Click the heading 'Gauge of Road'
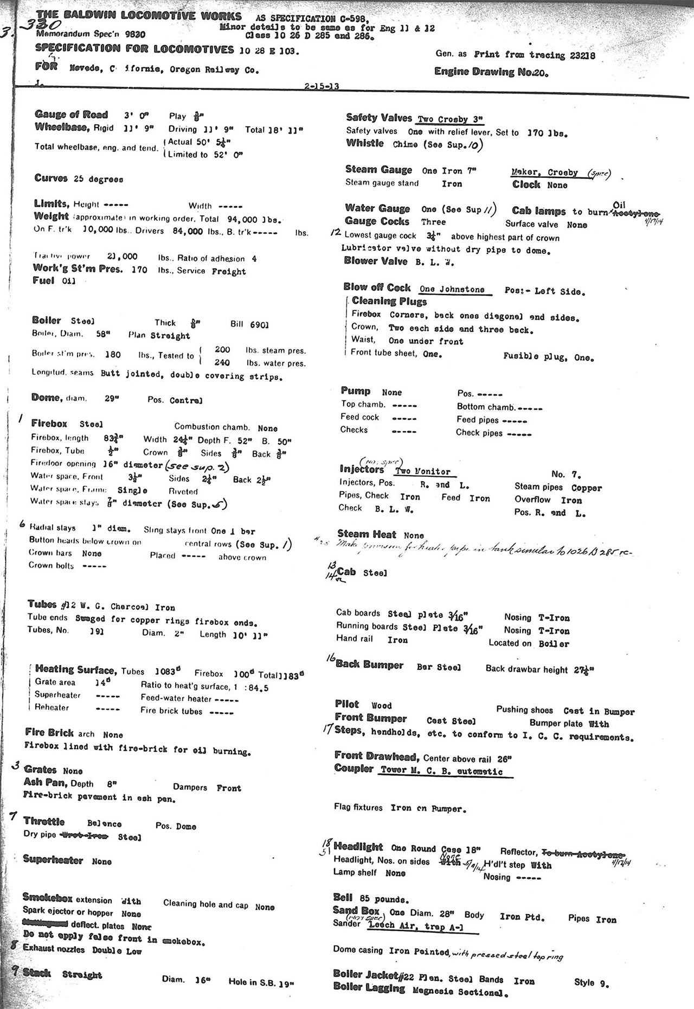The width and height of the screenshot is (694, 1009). [x=71, y=114]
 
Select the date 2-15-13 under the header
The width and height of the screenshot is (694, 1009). [x=322, y=86]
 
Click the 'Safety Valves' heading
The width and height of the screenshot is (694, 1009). [x=379, y=118]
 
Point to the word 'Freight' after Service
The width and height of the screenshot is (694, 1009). [x=229, y=271]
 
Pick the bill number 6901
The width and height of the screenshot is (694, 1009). [x=259, y=325]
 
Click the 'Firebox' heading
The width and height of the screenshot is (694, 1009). [x=49, y=423]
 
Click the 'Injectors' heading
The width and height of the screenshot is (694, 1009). [x=362, y=469]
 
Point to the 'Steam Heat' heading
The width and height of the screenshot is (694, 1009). [x=367, y=534]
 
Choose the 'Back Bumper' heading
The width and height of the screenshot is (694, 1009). [x=369, y=665]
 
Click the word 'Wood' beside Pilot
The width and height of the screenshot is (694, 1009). [x=381, y=706]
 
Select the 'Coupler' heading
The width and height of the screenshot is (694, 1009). [x=354, y=769]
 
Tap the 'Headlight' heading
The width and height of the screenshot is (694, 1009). [x=358, y=847]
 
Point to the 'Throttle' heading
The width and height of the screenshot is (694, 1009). [x=44, y=822]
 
